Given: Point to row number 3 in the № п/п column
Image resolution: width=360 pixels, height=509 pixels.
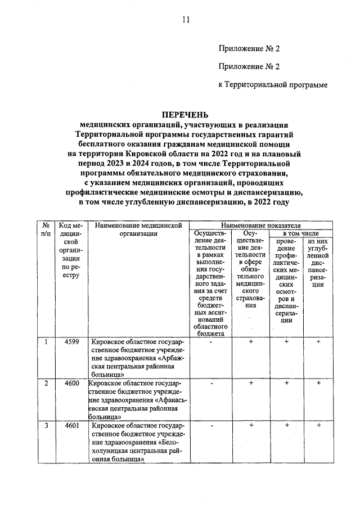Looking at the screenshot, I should (x=46, y=426).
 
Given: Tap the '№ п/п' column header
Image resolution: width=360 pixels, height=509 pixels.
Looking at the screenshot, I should (x=46, y=229).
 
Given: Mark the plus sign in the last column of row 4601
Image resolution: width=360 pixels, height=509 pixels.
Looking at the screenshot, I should (x=318, y=426).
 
